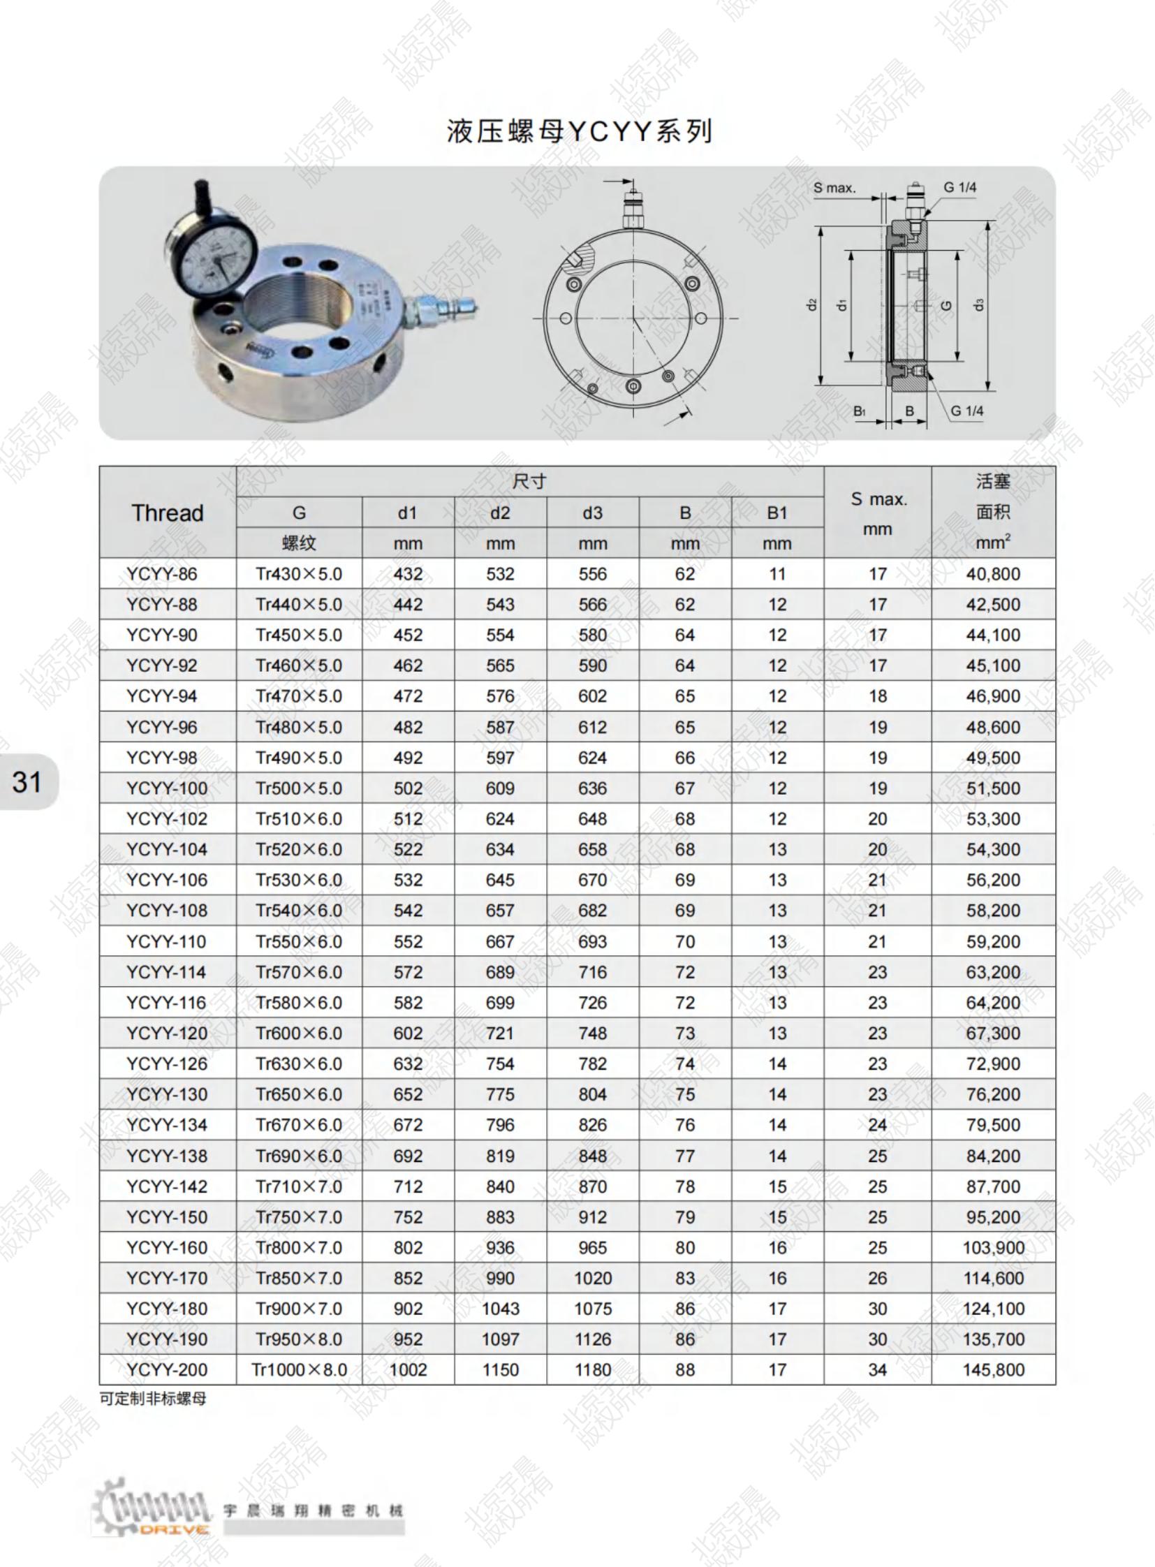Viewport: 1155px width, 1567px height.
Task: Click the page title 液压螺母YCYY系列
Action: [579, 131]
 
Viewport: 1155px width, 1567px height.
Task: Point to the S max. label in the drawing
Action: [834, 188]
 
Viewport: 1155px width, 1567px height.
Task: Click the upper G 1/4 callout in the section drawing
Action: [959, 187]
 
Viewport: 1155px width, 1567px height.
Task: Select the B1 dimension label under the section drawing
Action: [859, 411]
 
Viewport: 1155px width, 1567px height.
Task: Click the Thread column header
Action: [168, 513]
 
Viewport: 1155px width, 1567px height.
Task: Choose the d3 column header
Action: [592, 513]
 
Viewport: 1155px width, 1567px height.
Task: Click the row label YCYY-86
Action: [161, 574]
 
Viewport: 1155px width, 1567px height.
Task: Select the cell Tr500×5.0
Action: [299, 788]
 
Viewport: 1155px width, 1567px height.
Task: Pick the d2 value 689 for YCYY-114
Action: [500, 972]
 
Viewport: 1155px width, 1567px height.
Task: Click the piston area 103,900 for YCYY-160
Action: [993, 1247]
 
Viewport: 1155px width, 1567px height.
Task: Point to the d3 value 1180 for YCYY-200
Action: [592, 1370]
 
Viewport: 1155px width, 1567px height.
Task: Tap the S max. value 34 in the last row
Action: [878, 1370]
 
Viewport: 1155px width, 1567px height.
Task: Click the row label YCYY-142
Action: [166, 1186]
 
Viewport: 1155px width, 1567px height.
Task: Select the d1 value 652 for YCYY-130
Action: [408, 1094]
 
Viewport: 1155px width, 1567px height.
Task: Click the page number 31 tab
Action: [27, 781]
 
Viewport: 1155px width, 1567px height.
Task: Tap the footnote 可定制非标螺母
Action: [153, 1399]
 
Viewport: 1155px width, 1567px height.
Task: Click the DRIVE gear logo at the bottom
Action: [150, 1510]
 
